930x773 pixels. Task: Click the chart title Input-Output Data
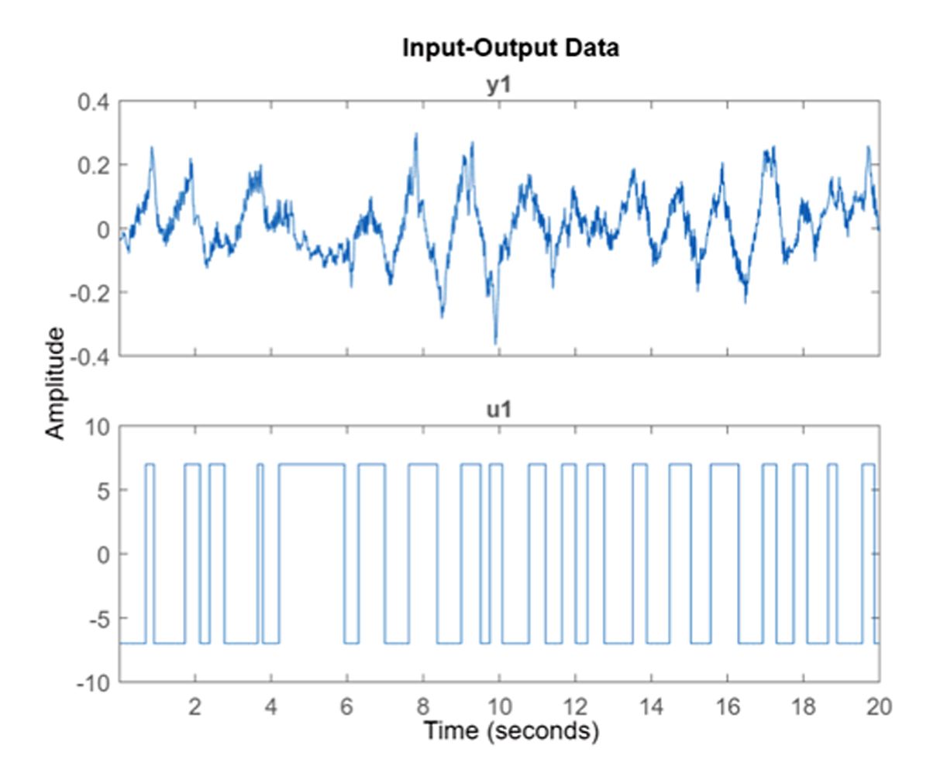coord(511,49)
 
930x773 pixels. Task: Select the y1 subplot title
coord(499,85)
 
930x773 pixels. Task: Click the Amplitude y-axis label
coord(55,382)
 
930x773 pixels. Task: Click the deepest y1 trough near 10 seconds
coord(495,343)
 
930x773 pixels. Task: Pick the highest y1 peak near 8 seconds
coord(416,135)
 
